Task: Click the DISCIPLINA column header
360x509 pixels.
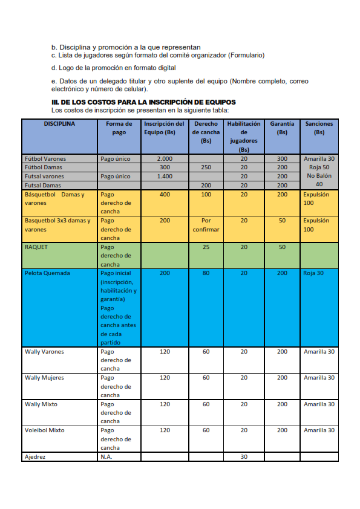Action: pyautogui.click(x=59, y=123)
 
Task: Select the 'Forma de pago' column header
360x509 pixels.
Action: pyautogui.click(x=119, y=128)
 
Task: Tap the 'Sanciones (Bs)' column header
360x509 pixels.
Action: pyautogui.click(x=319, y=128)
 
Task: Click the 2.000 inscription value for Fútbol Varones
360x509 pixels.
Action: pyautogui.click(x=165, y=158)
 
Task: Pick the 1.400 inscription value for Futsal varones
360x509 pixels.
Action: pyautogui.click(x=165, y=177)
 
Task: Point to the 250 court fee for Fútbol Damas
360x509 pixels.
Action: pyautogui.click(x=206, y=167)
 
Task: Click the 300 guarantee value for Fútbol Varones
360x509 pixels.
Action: pyautogui.click(x=282, y=158)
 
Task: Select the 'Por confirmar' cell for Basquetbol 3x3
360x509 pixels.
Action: pyautogui.click(x=206, y=225)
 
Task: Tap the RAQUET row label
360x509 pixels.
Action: pyautogui.click(x=36, y=247)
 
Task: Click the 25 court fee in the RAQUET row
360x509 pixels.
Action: pyautogui.click(x=206, y=247)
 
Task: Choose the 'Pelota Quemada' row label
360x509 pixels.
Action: pyautogui.click(x=47, y=273)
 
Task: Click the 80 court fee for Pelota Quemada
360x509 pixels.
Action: pyautogui.click(x=206, y=273)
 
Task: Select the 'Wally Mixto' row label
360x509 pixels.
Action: pyautogui.click(x=41, y=404)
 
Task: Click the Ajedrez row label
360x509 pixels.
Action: pyautogui.click(x=35, y=457)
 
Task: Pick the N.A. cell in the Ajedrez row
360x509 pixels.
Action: pyautogui.click(x=106, y=457)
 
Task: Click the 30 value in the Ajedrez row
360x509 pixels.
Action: pyautogui.click(x=244, y=457)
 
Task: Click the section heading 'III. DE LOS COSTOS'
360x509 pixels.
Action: pyautogui.click(x=143, y=102)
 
